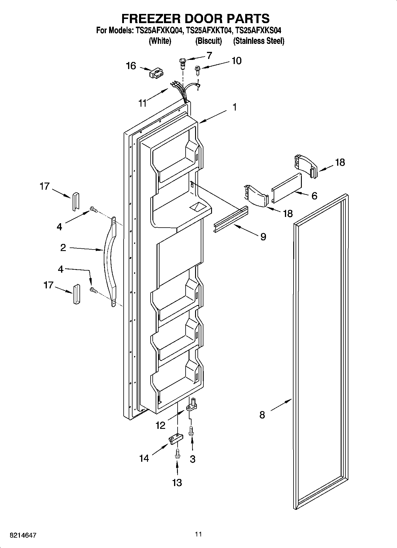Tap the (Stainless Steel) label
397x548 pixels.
(x=259, y=41)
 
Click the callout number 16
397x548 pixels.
(x=131, y=66)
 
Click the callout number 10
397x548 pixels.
(x=236, y=60)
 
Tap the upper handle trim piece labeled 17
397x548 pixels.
(x=75, y=202)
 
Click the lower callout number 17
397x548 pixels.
(x=48, y=285)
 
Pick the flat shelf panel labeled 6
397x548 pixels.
(x=287, y=188)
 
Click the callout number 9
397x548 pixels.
(x=263, y=237)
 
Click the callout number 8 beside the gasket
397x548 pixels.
(x=262, y=415)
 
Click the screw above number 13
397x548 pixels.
(x=177, y=454)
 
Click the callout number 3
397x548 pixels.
(x=192, y=459)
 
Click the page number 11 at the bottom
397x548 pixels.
(x=198, y=534)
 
